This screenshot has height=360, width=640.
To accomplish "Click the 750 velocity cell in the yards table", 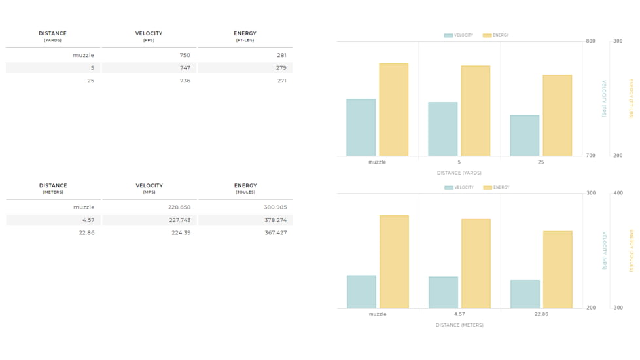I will (185, 56).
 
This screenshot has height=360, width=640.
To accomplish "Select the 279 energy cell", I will (281, 68).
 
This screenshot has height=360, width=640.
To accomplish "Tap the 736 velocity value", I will (185, 81).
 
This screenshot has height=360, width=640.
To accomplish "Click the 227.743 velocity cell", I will (179, 220).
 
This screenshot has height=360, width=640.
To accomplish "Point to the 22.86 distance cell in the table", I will (86, 233).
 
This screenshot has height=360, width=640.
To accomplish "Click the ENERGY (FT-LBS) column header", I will (245, 36).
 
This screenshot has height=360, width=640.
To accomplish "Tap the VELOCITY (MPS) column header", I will (149, 188).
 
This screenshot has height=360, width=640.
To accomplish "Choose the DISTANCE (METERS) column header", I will (52, 188).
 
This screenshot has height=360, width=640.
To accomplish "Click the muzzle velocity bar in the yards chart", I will (361, 128).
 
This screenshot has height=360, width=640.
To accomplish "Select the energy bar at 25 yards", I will (557, 116).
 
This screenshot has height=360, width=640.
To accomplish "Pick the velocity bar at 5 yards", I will (442, 130).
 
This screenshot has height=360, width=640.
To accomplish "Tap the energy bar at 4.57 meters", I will (476, 263).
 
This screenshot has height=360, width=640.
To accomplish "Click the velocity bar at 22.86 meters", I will (525, 294).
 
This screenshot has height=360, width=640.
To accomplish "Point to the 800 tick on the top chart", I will (591, 41).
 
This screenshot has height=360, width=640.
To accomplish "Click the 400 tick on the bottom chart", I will (618, 193).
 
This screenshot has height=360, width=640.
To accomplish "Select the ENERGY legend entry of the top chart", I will (496, 35).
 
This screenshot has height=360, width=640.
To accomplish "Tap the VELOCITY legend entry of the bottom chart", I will (459, 187).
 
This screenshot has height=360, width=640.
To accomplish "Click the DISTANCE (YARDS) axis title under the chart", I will (459, 173).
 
